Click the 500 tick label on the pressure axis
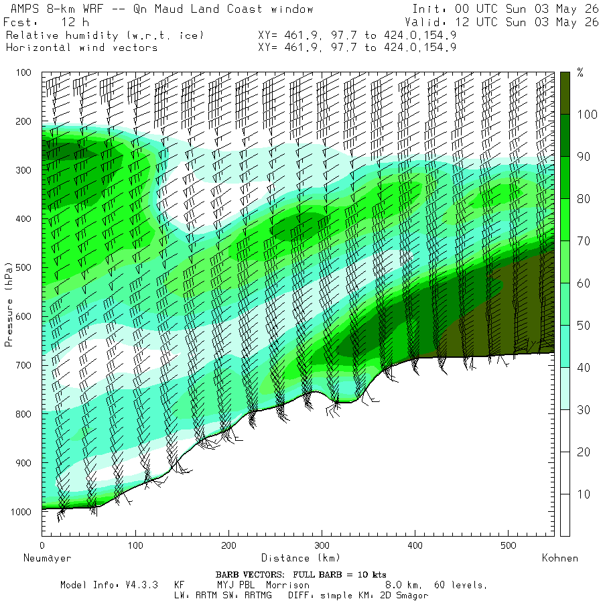click(x=23, y=267)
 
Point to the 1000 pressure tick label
click(x=21, y=512)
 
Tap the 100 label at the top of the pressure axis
click(x=23, y=72)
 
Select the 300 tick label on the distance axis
click(x=322, y=545)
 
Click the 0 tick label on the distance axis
click(x=42, y=545)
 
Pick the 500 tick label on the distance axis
click(x=509, y=545)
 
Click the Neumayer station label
click(x=48, y=558)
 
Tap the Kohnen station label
click(x=560, y=558)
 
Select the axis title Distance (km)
click(x=301, y=558)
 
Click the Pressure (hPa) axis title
click(x=9, y=305)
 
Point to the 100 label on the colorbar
click(x=587, y=114)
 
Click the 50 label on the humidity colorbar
click(x=584, y=326)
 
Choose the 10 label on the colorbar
click(x=584, y=494)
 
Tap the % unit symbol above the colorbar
click(x=580, y=72)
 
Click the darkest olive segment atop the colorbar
click(x=565, y=93)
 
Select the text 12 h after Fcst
click(x=75, y=22)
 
